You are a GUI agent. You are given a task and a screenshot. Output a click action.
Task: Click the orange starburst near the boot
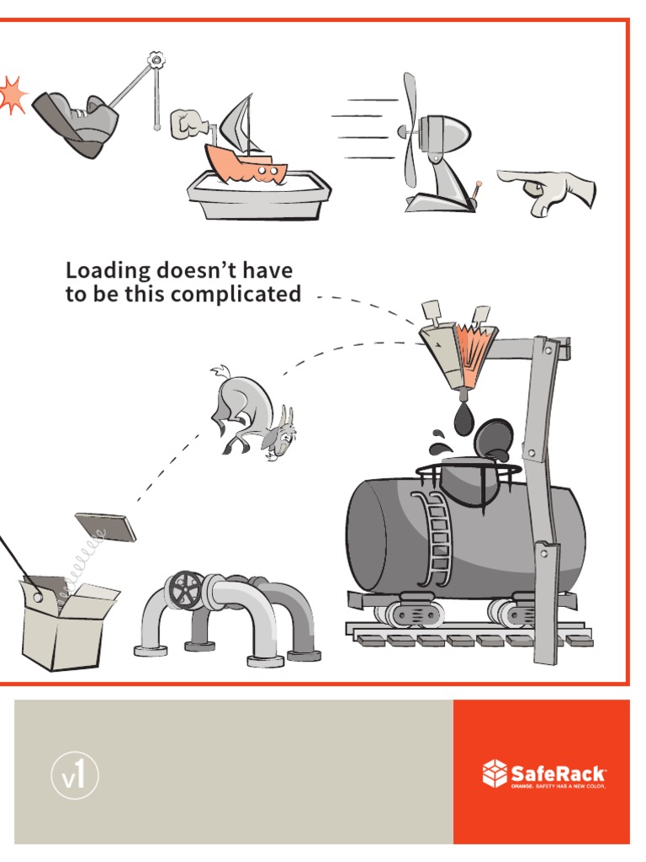(12, 94)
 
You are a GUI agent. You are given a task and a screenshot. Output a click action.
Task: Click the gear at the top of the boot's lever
(156, 61)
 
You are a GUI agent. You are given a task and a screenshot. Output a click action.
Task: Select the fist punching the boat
(188, 124)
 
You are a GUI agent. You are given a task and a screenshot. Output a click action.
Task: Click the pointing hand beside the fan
(548, 187)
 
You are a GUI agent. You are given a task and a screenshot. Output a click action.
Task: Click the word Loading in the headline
(108, 271)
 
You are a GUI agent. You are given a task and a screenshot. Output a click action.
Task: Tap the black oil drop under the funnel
(463, 418)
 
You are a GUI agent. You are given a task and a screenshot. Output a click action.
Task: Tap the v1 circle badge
(72, 776)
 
